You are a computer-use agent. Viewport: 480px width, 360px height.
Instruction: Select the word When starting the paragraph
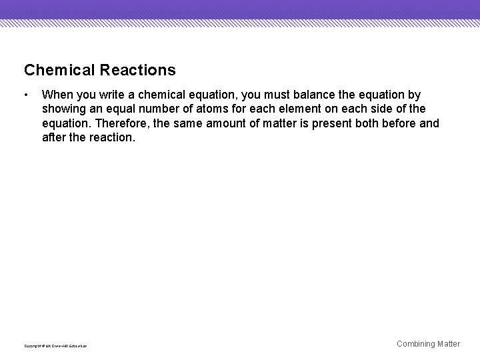tap(57, 95)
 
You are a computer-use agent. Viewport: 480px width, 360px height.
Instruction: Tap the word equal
tap(117, 109)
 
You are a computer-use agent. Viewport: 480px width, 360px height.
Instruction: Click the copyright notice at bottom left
tap(55, 345)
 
